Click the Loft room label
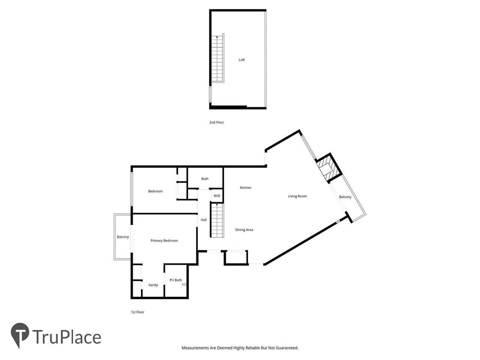241,60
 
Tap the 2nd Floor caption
216,122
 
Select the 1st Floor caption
137,312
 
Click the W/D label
217,196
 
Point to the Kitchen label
246,187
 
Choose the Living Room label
297,196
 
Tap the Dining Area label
244,230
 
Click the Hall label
204,220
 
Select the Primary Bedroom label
164,240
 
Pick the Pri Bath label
175,280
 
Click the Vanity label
153,285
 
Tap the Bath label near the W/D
205,179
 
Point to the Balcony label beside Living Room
345,197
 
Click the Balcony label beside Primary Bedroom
123,237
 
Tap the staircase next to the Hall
217,220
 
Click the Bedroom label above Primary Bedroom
155,191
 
